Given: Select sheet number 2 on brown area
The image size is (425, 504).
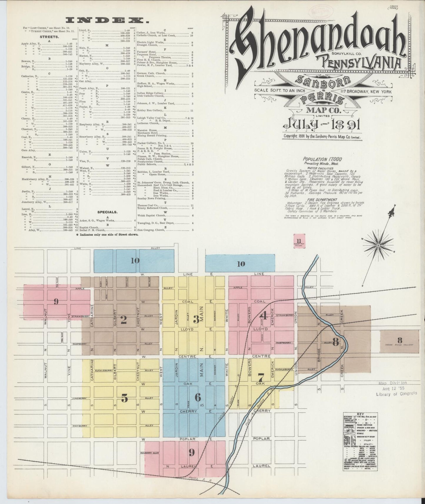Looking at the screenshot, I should click(124, 320).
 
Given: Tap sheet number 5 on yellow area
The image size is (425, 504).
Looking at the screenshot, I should click(125, 398).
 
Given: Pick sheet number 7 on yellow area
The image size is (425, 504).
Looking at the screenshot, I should click(261, 377).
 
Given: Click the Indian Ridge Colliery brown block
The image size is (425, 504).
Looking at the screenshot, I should click(399, 341).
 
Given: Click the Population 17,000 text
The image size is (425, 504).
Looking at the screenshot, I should click(322, 159).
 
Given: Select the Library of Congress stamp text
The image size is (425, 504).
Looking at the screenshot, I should click(396, 393).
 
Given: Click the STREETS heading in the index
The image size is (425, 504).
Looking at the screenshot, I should click(49, 37).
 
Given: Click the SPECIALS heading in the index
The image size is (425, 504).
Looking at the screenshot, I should click(108, 212).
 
